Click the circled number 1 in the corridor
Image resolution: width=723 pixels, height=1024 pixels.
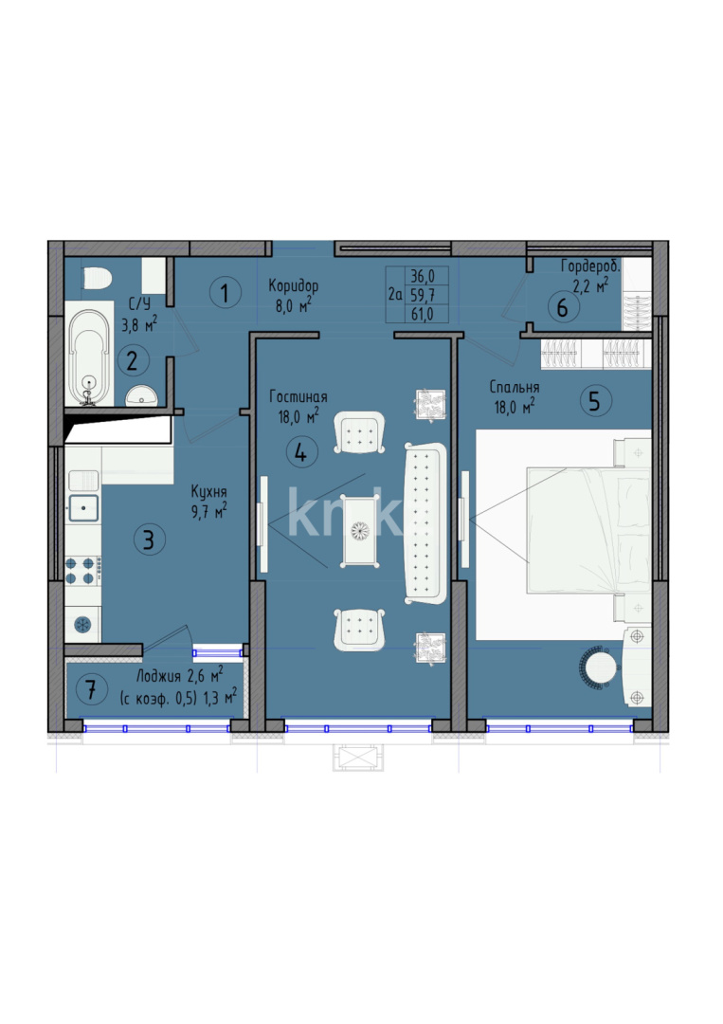click(x=225, y=293)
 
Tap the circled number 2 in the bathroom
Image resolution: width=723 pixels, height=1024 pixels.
click(x=132, y=360)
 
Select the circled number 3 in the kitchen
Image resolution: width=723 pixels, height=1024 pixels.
click(x=148, y=540)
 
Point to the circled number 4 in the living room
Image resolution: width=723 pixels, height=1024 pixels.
click(x=300, y=452)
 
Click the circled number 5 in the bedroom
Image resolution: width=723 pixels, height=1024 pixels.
click(x=594, y=401)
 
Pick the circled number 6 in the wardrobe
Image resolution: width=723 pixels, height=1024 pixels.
click(x=562, y=307)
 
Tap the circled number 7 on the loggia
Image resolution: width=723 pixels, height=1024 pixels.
click(x=91, y=689)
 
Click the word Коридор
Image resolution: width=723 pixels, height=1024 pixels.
click(x=293, y=285)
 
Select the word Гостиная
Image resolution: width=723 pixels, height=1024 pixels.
click(x=298, y=397)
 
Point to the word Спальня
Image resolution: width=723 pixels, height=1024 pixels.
click(x=515, y=387)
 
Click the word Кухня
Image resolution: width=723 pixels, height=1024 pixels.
click(x=208, y=492)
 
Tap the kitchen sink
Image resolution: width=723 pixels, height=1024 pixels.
click(x=84, y=507)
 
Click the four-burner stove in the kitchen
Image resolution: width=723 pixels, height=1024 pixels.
click(x=83, y=570)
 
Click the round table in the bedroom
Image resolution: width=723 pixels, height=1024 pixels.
click(x=600, y=666)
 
